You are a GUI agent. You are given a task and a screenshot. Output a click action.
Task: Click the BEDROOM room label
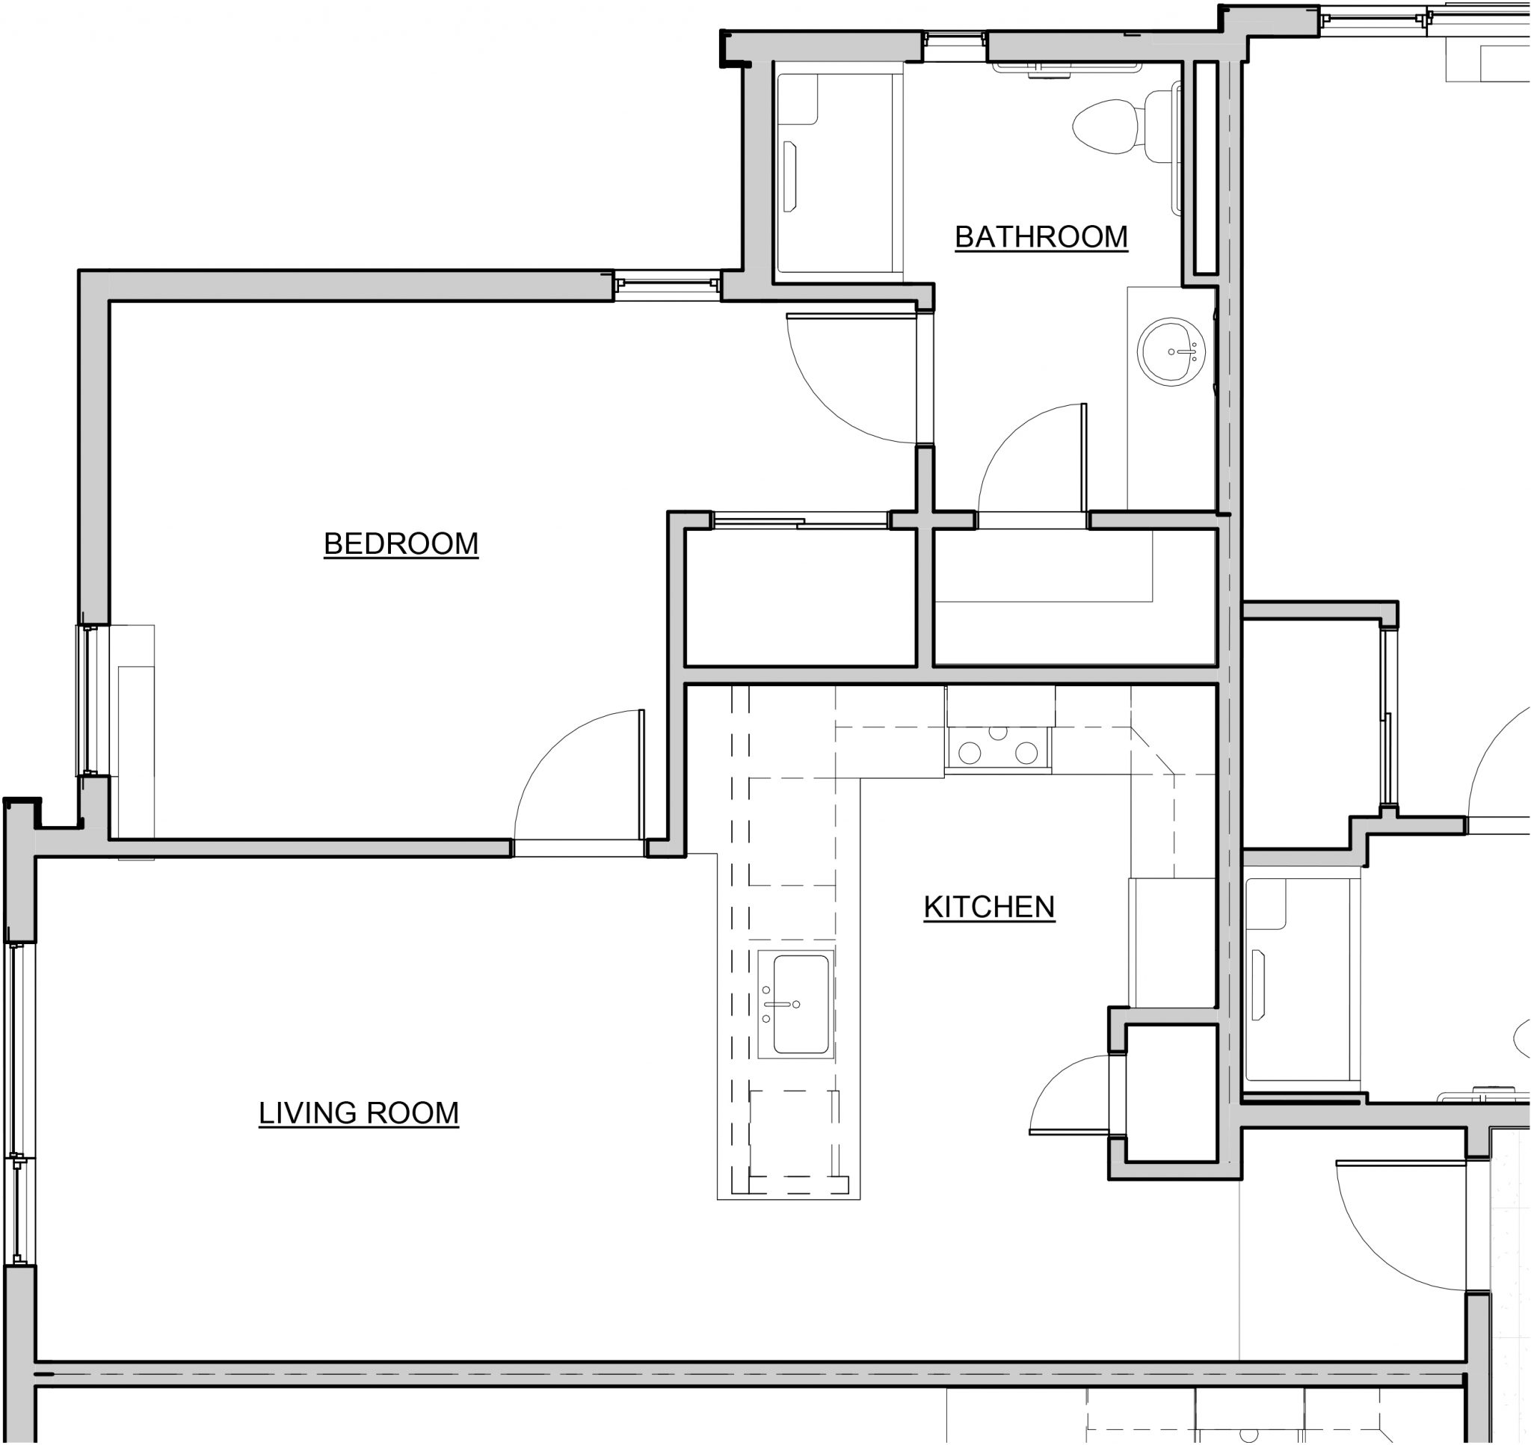tap(401, 543)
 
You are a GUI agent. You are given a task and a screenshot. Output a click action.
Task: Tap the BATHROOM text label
tap(1041, 236)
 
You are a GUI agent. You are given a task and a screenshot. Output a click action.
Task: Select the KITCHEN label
tap(989, 907)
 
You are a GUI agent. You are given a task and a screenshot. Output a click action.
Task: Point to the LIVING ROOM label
tap(358, 1112)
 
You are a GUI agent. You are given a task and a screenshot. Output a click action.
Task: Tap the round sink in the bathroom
tap(1171, 351)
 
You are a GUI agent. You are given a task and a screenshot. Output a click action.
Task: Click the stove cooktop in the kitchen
tap(998, 747)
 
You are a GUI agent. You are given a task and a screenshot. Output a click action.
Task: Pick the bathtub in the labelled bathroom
tap(838, 173)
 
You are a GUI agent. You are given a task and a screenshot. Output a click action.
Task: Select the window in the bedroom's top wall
tap(667, 284)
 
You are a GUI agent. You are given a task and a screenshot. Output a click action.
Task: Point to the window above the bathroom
tap(955, 46)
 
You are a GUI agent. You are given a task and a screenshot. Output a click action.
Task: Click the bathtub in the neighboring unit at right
tap(1301, 979)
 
